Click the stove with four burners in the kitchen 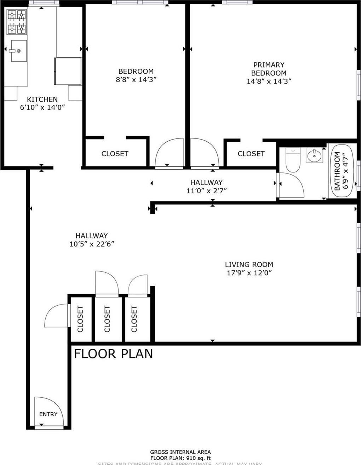17,22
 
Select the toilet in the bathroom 293,160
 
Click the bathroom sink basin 314,155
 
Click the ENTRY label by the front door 48,414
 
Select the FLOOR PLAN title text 113,353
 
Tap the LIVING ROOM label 249,264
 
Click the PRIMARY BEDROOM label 269,69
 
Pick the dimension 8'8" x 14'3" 136,80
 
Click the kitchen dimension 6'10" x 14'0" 42,107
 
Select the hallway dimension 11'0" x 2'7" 206,191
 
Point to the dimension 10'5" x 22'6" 92,244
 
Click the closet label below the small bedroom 115,154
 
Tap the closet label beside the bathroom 251,154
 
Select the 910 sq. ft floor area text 180,458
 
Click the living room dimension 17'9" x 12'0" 249,273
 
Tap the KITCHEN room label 42,99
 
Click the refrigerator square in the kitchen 68,71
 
